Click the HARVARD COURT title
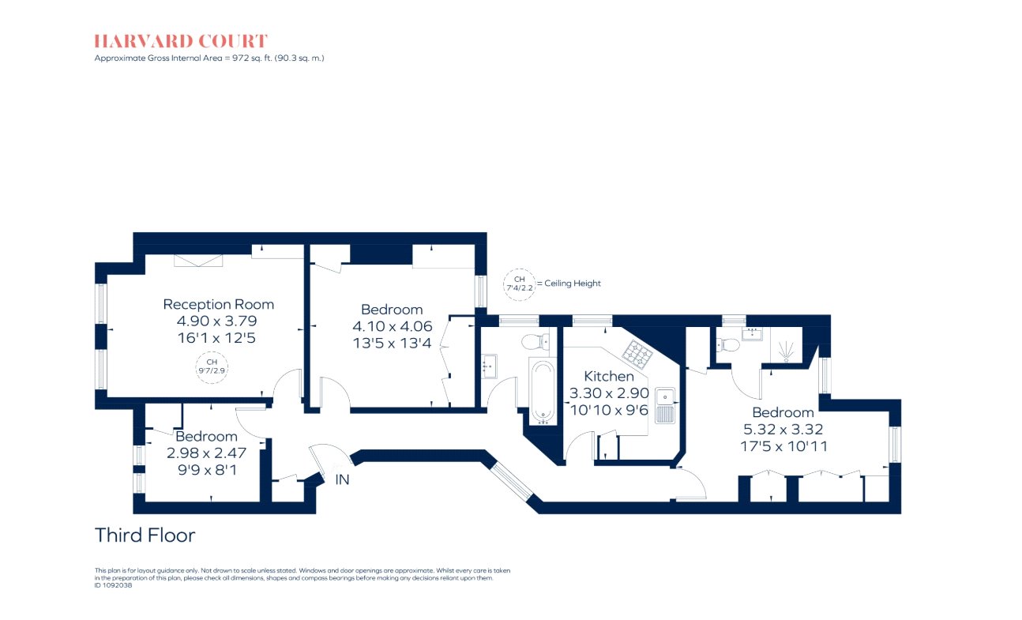[x=181, y=41]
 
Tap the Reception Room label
[x=219, y=304]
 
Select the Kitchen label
[x=609, y=377]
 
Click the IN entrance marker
[x=342, y=479]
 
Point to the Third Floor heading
[x=145, y=535]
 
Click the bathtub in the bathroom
[x=543, y=392]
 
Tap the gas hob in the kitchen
[x=637, y=354]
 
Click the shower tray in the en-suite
[x=786, y=345]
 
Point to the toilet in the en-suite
[x=728, y=344]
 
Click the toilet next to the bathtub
[x=535, y=340]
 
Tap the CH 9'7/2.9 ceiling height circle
[x=212, y=368]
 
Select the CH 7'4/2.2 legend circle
[x=519, y=284]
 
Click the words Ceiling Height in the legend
[x=573, y=284]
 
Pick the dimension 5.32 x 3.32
[x=783, y=430]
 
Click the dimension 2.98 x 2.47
[x=206, y=453]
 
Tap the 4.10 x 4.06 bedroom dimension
[x=393, y=326]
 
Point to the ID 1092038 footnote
[x=113, y=585]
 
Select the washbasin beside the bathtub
[x=490, y=366]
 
